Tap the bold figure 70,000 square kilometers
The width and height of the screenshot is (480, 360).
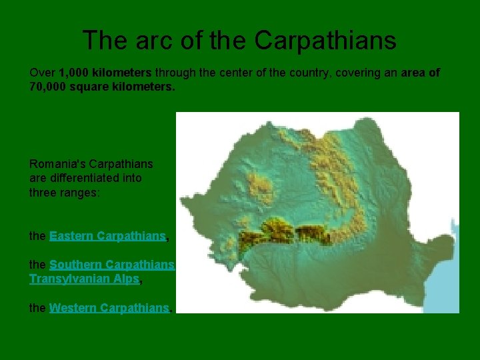click(x=102, y=87)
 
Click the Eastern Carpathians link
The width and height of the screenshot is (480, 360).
click(x=108, y=236)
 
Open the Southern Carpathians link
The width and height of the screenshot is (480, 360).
click(x=111, y=265)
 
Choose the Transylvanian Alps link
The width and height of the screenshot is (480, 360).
click(x=84, y=279)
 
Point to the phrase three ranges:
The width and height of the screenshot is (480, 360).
click(x=67, y=193)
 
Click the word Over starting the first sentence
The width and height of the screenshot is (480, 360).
click(x=43, y=73)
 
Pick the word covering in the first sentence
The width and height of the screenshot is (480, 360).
click(x=365, y=73)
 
